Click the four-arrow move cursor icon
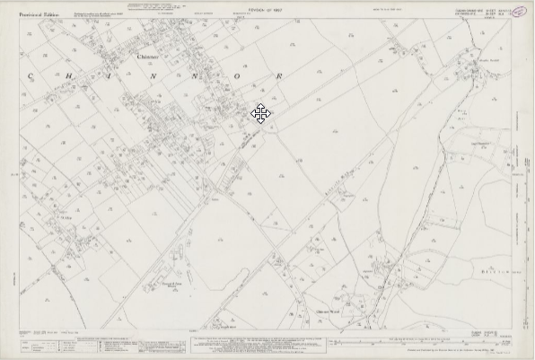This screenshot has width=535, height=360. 260,113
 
